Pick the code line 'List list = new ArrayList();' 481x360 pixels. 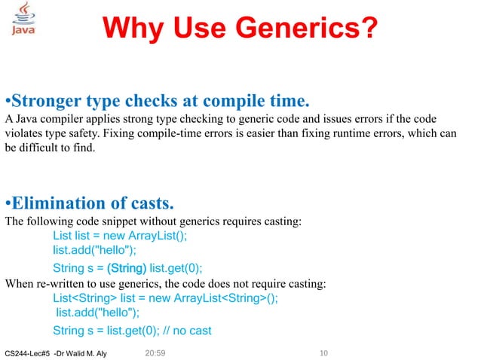[x=120, y=236]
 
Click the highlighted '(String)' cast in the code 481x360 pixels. [x=127, y=268]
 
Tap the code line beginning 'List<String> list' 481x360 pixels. [x=165, y=297]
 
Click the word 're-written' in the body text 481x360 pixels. [x=60, y=283]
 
